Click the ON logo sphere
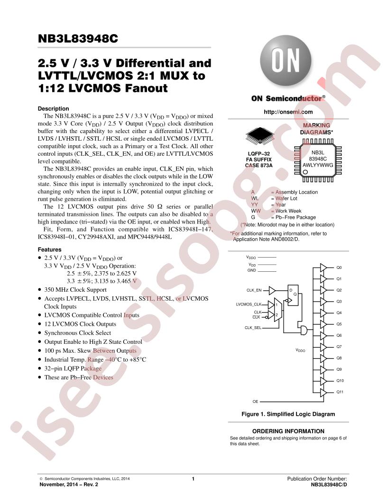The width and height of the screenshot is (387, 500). [x=286, y=61]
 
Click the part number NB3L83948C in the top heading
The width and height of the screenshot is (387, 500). [x=78, y=38]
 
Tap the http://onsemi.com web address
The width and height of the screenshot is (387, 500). [x=288, y=112]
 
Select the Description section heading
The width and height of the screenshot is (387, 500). [x=53, y=108]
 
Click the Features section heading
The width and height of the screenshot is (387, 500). [x=49, y=250]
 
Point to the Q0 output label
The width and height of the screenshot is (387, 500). [x=339, y=268]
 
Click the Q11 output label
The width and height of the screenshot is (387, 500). [x=340, y=392]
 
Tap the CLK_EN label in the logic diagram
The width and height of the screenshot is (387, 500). [x=254, y=290]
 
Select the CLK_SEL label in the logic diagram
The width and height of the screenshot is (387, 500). [x=253, y=328]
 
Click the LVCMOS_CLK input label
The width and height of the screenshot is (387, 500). [x=249, y=304]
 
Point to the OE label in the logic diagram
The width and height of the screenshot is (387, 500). [x=255, y=402]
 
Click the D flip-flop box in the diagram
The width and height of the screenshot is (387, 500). [x=293, y=295]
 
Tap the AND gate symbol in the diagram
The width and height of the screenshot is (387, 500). [x=304, y=330]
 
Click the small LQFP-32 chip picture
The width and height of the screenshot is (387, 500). [x=260, y=135]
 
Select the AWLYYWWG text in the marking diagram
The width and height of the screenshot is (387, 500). [x=318, y=165]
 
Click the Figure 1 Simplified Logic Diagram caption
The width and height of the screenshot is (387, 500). [x=288, y=414]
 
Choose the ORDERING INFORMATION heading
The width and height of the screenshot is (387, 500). [x=288, y=431]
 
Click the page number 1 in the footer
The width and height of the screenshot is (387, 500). [x=193, y=479]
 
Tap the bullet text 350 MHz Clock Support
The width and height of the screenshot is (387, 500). [x=75, y=290]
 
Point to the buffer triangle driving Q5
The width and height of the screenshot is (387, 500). [x=323, y=324]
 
